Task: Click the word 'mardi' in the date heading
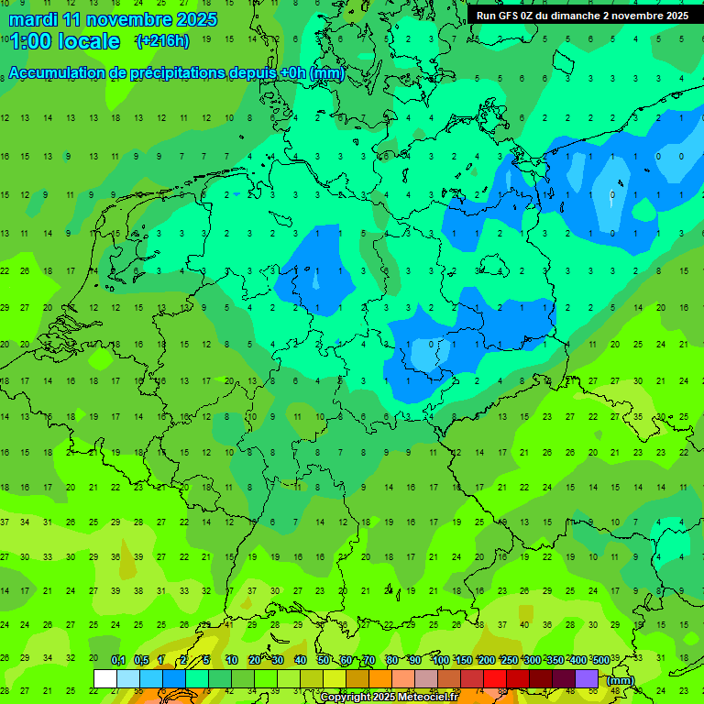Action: [31, 19]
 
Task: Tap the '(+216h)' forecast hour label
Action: [162, 41]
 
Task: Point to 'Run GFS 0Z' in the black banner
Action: [507, 16]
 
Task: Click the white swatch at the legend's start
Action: [105, 678]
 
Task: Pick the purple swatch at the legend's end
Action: [587, 678]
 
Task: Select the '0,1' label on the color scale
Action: [117, 660]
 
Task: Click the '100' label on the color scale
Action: [440, 660]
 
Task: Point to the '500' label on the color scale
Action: [600, 660]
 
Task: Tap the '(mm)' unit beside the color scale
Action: [621, 680]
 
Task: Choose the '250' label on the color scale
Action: [509, 660]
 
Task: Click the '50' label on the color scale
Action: [324, 660]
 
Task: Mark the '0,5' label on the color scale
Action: [140, 660]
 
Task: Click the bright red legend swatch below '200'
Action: [495, 678]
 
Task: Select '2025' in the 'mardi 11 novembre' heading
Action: [196, 19]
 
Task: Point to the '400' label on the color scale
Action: [577, 660]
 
